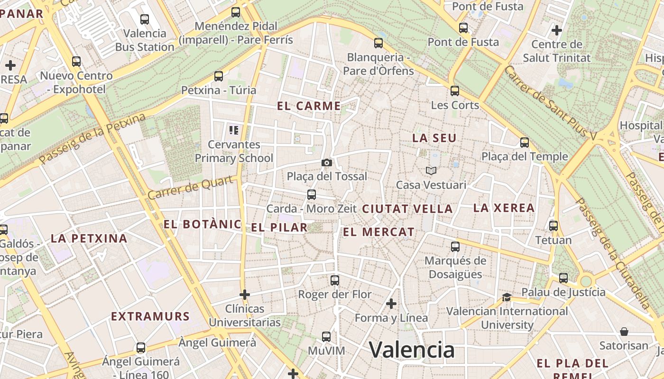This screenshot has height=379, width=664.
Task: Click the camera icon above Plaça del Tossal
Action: pos(326,162)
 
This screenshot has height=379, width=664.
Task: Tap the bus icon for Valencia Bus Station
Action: pos(145,19)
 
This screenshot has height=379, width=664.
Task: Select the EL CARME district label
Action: pos(309,106)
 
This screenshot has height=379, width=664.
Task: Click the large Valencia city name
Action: pos(412,350)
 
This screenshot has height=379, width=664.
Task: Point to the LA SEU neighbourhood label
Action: pos(434,138)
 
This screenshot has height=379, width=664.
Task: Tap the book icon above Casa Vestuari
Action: pos(431,171)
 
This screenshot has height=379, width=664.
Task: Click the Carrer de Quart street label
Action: pos(191,187)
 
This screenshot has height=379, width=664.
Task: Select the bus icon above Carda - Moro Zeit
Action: pos(312,194)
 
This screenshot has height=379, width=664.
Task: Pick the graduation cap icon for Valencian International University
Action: pos(507,297)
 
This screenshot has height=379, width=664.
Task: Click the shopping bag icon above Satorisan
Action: pos(624,332)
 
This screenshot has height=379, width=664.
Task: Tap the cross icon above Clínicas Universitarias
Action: pos(245,295)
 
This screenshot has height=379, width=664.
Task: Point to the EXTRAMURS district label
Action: pos(150,316)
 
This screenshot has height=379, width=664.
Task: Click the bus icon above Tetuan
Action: pos(553,226)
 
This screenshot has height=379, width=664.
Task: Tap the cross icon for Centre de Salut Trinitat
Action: pos(557,31)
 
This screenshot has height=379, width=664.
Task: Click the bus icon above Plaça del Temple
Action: pos(525,142)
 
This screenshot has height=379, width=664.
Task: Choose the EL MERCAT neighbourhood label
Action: pos(378,232)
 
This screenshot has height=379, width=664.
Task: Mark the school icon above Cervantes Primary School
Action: pos(233,130)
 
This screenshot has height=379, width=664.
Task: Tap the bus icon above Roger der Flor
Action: pos(335,280)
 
